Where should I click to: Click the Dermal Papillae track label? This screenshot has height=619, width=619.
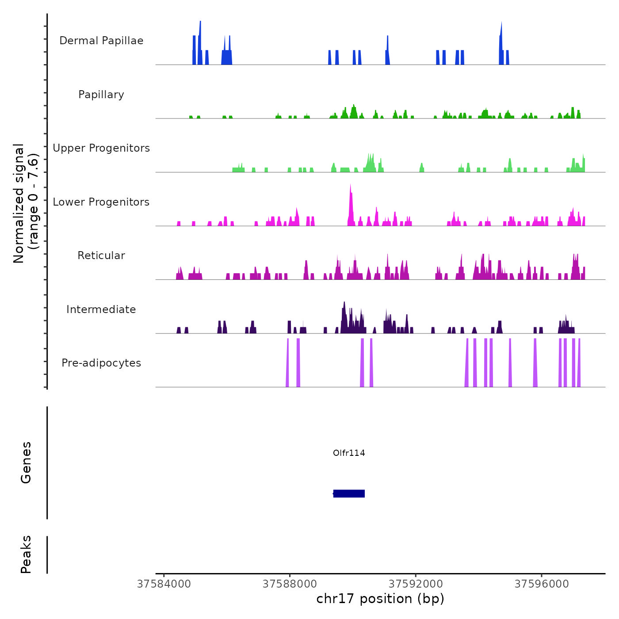pos(101,41)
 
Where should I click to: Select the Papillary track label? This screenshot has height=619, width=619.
pos(101,95)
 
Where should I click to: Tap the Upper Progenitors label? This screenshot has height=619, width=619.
pos(101,148)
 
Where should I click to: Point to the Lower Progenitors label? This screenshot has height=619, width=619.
pos(101,202)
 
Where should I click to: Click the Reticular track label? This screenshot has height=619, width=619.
pos(101,256)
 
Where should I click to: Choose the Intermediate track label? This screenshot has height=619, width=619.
pos(101,309)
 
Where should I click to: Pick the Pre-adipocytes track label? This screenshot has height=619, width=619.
pos(101,363)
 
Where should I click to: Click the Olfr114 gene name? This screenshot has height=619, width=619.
pos(349,453)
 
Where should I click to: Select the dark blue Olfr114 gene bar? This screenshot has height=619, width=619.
pos(349,493)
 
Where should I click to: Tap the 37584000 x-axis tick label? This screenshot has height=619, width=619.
pos(164,584)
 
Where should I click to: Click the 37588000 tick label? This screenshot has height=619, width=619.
pos(290,584)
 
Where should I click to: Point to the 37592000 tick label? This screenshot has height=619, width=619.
pos(416,584)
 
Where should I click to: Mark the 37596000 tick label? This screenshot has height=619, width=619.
pos(542,584)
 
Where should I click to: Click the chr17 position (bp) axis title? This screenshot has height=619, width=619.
pos(380,599)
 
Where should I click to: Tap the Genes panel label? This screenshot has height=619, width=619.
pos(26,462)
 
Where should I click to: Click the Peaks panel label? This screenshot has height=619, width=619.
pos(26,554)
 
